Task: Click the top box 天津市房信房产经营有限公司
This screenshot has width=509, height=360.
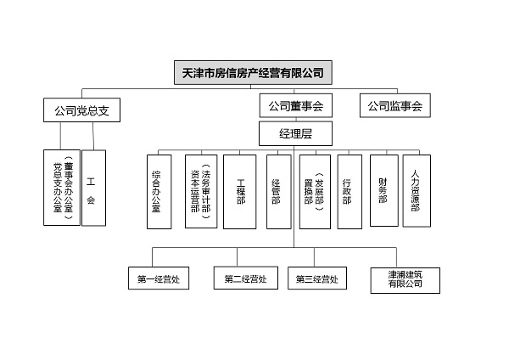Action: [253, 72]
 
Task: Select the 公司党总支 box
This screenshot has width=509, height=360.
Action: [81, 110]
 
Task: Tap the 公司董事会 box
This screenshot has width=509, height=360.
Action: [295, 107]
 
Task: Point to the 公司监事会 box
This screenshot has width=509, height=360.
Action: [395, 107]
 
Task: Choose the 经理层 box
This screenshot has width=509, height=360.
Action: [294, 133]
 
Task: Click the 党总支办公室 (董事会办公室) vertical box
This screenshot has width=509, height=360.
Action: [62, 188]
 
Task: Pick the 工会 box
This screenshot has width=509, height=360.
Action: [93, 188]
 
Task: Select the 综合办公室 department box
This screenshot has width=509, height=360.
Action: [156, 192]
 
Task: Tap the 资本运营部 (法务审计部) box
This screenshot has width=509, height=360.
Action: [200, 192]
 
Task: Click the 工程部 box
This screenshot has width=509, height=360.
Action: [239, 192]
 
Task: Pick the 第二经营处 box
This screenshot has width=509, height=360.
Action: [246, 278]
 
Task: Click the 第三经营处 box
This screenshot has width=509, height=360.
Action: [316, 278]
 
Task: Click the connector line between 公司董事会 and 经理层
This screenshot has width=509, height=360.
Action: [294, 120]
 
